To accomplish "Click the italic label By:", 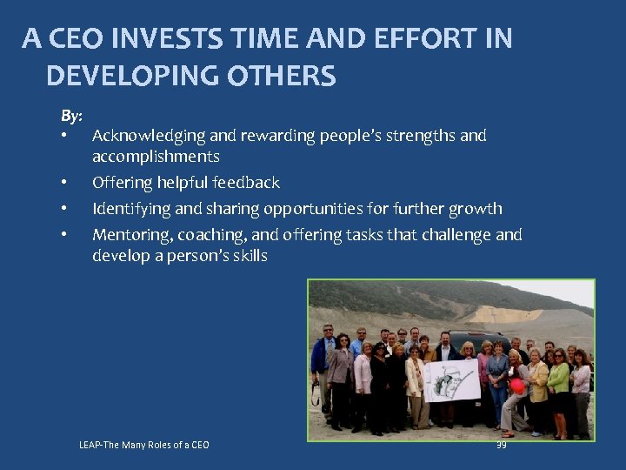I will tap(71, 116).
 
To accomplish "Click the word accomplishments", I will tap(156, 157).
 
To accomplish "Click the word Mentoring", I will tap(130, 235).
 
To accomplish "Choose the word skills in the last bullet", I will tap(248, 256).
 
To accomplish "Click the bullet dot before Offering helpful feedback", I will tap(64, 183).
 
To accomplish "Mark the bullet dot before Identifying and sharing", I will tap(64, 209).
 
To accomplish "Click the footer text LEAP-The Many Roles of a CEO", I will tap(144, 446).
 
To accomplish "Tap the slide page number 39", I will tap(501, 445).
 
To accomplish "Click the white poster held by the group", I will tap(451, 379).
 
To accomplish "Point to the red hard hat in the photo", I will tap(517, 386).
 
